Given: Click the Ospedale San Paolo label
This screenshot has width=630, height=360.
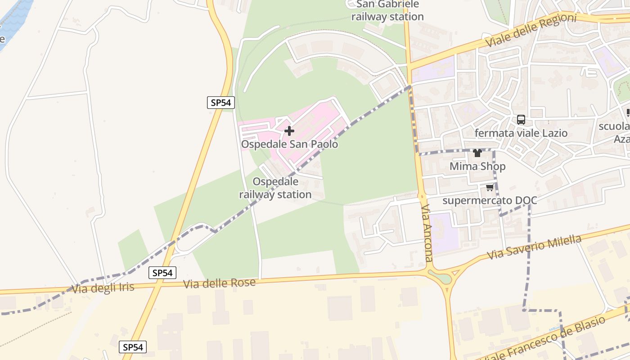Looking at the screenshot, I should [289, 144].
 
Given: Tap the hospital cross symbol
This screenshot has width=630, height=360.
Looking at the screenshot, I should [289, 131].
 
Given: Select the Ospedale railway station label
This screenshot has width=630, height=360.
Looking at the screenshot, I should [275, 188].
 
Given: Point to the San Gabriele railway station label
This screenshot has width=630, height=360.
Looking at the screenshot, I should [387, 10].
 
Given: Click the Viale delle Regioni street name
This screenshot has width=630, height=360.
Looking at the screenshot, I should [531, 31].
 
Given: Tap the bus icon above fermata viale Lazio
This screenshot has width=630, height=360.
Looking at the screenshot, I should [521, 120].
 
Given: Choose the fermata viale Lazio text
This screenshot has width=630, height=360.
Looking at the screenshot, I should [521, 133].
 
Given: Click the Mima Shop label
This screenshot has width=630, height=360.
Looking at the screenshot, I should [477, 166].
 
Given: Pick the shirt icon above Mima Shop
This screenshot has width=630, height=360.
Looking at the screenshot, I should [477, 153].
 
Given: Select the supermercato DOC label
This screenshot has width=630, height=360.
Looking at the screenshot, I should [490, 200].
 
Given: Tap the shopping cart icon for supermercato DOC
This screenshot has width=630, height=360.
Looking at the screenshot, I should [490, 187].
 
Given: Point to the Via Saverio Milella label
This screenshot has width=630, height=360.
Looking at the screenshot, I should [535, 247].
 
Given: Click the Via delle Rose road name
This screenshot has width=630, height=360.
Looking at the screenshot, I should [220, 283].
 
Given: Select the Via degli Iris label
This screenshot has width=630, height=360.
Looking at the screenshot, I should [103, 288].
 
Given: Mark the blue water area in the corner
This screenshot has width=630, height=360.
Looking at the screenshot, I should [13, 18].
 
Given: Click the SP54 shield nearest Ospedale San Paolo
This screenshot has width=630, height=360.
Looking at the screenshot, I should [221, 103].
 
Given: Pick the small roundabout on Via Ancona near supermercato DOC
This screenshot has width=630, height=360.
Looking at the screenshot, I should [422, 197].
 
